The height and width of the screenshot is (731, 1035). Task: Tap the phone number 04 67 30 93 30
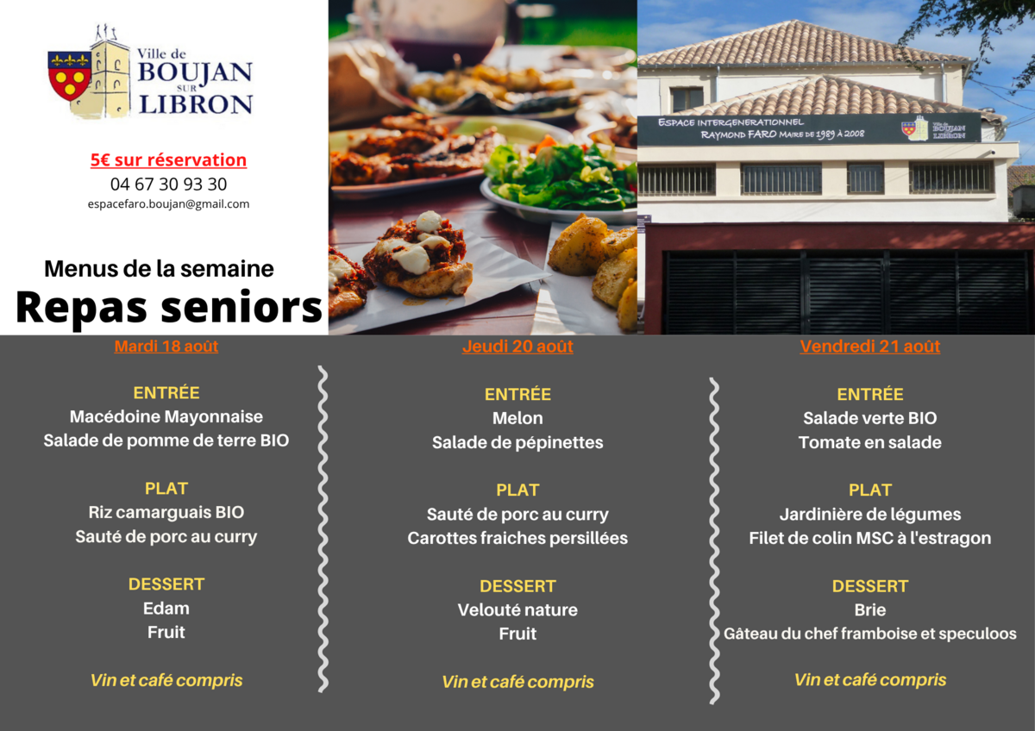(169, 184)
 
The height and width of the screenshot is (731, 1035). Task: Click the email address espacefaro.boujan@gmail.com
(169, 204)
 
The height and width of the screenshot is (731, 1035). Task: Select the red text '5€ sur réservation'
(169, 159)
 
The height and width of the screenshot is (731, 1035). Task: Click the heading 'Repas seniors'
(169, 308)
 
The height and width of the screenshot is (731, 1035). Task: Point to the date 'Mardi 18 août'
(166, 347)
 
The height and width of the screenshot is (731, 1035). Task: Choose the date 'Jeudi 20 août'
(517, 347)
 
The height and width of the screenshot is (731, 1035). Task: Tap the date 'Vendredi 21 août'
(870, 347)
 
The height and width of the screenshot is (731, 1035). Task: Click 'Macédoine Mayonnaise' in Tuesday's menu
(166, 416)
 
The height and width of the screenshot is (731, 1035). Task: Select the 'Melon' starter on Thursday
(517, 418)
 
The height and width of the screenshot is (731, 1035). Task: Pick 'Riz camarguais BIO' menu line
(166, 512)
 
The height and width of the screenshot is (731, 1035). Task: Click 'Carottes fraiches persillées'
(517, 538)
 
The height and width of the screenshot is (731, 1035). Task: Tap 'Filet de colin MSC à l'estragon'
(870, 538)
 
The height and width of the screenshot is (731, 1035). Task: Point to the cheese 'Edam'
(166, 609)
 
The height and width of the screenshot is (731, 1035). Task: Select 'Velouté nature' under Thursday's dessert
(517, 610)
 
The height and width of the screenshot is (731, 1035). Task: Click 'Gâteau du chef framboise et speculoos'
(870, 634)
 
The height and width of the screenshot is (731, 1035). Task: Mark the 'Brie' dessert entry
(870, 610)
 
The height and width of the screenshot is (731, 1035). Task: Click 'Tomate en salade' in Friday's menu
(870, 442)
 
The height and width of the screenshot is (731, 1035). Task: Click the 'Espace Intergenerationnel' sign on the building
(809, 128)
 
